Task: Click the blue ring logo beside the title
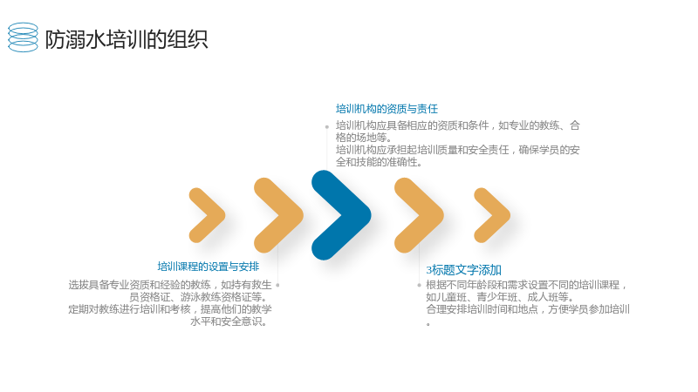pyautogui.click(x=24, y=37)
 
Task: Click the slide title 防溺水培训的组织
pyautogui.click(x=127, y=39)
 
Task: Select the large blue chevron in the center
pyautogui.click(x=341, y=215)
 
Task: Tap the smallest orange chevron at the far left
pyautogui.click(x=207, y=215)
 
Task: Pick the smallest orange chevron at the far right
pyautogui.click(x=492, y=215)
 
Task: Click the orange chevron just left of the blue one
pyautogui.click(x=278, y=215)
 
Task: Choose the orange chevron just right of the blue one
pyautogui.click(x=419, y=215)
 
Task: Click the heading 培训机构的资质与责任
pyautogui.click(x=387, y=109)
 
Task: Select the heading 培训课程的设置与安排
pyautogui.click(x=209, y=267)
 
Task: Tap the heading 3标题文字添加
pyautogui.click(x=464, y=270)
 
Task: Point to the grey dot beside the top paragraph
pyautogui.click(x=326, y=126)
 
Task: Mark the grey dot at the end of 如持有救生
pyautogui.click(x=277, y=285)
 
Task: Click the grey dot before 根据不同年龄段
pyautogui.click(x=419, y=285)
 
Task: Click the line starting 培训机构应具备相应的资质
pyautogui.click(x=457, y=125)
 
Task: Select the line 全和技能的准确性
pyautogui.click(x=379, y=162)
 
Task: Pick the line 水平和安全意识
pyautogui.click(x=229, y=321)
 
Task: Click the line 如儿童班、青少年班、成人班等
pyautogui.click(x=500, y=297)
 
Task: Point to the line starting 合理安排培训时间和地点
pyautogui.click(x=528, y=309)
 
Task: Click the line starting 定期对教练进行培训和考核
pyautogui.click(x=170, y=309)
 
